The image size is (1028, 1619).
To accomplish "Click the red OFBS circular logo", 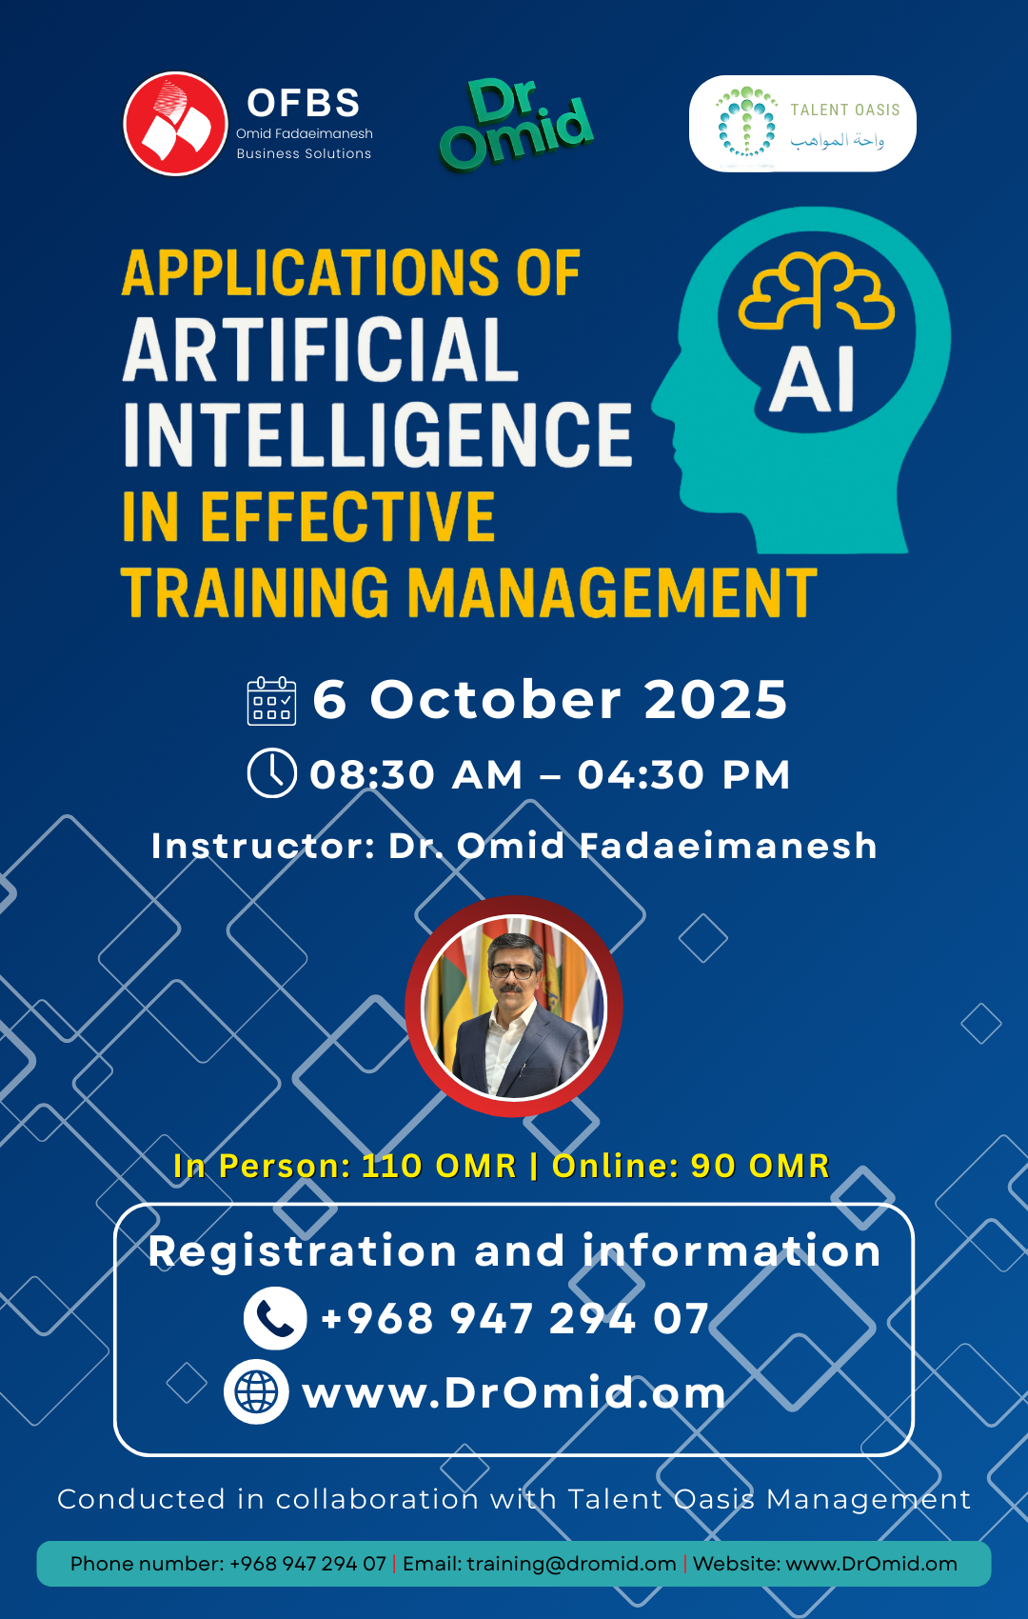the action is pyautogui.click(x=175, y=124).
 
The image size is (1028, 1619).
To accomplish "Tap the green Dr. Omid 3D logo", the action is pyautogui.click(x=516, y=124).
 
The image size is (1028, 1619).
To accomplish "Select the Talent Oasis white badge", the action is pyautogui.click(x=801, y=124).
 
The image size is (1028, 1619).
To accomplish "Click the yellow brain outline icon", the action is pyautogui.click(x=817, y=290).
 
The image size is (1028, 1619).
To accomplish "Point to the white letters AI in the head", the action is pyautogui.click(x=813, y=379).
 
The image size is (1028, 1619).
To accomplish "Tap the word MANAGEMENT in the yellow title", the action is pyautogui.click(x=613, y=592).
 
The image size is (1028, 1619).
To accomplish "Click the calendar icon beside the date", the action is pyautogui.click(x=271, y=700).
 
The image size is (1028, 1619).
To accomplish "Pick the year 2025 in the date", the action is pyautogui.click(x=715, y=700).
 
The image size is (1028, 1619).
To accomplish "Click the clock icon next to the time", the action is pyautogui.click(x=271, y=773).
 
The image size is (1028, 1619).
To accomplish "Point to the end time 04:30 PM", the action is pyautogui.click(x=683, y=774).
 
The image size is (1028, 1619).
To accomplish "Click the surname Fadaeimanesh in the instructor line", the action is pyautogui.click(x=728, y=845).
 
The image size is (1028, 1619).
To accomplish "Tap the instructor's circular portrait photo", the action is pyautogui.click(x=514, y=1006).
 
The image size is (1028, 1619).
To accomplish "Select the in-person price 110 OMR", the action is pyautogui.click(x=439, y=1166).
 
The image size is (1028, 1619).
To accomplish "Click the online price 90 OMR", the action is pyautogui.click(x=760, y=1166).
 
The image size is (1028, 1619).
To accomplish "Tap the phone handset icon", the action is pyautogui.click(x=275, y=1318).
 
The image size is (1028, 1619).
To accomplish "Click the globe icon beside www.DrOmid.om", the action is pyautogui.click(x=256, y=1392).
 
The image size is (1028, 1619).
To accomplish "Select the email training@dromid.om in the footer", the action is pyautogui.click(x=571, y=1564).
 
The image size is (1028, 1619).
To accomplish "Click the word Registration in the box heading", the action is pyautogui.click(x=303, y=1251).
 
